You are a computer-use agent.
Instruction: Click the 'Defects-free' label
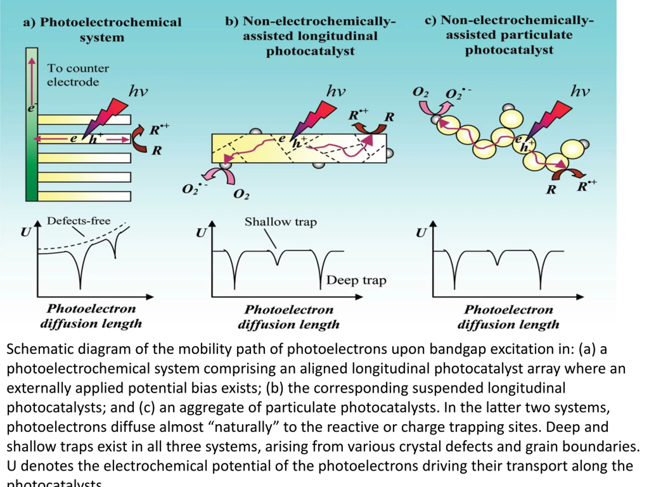79,221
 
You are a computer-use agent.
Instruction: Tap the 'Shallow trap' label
281,222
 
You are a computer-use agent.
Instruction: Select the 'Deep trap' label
356,280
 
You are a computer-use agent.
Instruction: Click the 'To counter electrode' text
78,75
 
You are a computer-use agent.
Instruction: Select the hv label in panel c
580,92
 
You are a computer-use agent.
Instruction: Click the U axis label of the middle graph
201,233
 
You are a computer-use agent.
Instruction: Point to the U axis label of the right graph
421,233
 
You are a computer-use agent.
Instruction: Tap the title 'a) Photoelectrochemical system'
102,29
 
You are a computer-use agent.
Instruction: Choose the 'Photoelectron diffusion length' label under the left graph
91,316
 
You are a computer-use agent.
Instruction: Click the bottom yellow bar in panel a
84,196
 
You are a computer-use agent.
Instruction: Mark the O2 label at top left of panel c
420,92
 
